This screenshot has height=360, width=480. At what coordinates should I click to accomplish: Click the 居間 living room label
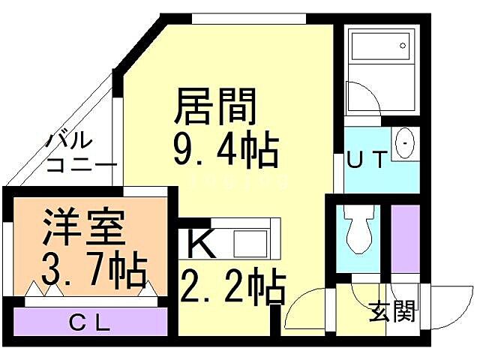coord(216,107)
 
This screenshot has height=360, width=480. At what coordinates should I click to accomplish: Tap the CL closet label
coord(91,323)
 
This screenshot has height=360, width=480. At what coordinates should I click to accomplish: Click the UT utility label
coord(367,159)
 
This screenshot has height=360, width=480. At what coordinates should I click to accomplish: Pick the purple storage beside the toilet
coord(404,236)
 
